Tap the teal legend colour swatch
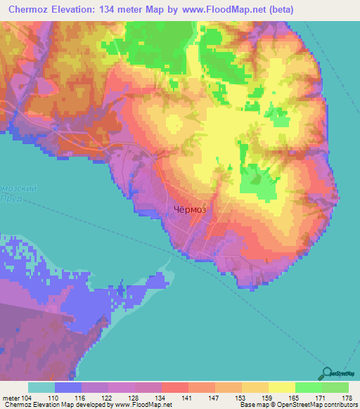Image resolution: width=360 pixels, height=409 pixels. tap(41, 387)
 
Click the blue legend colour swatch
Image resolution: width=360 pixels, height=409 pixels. tap(67, 387)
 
